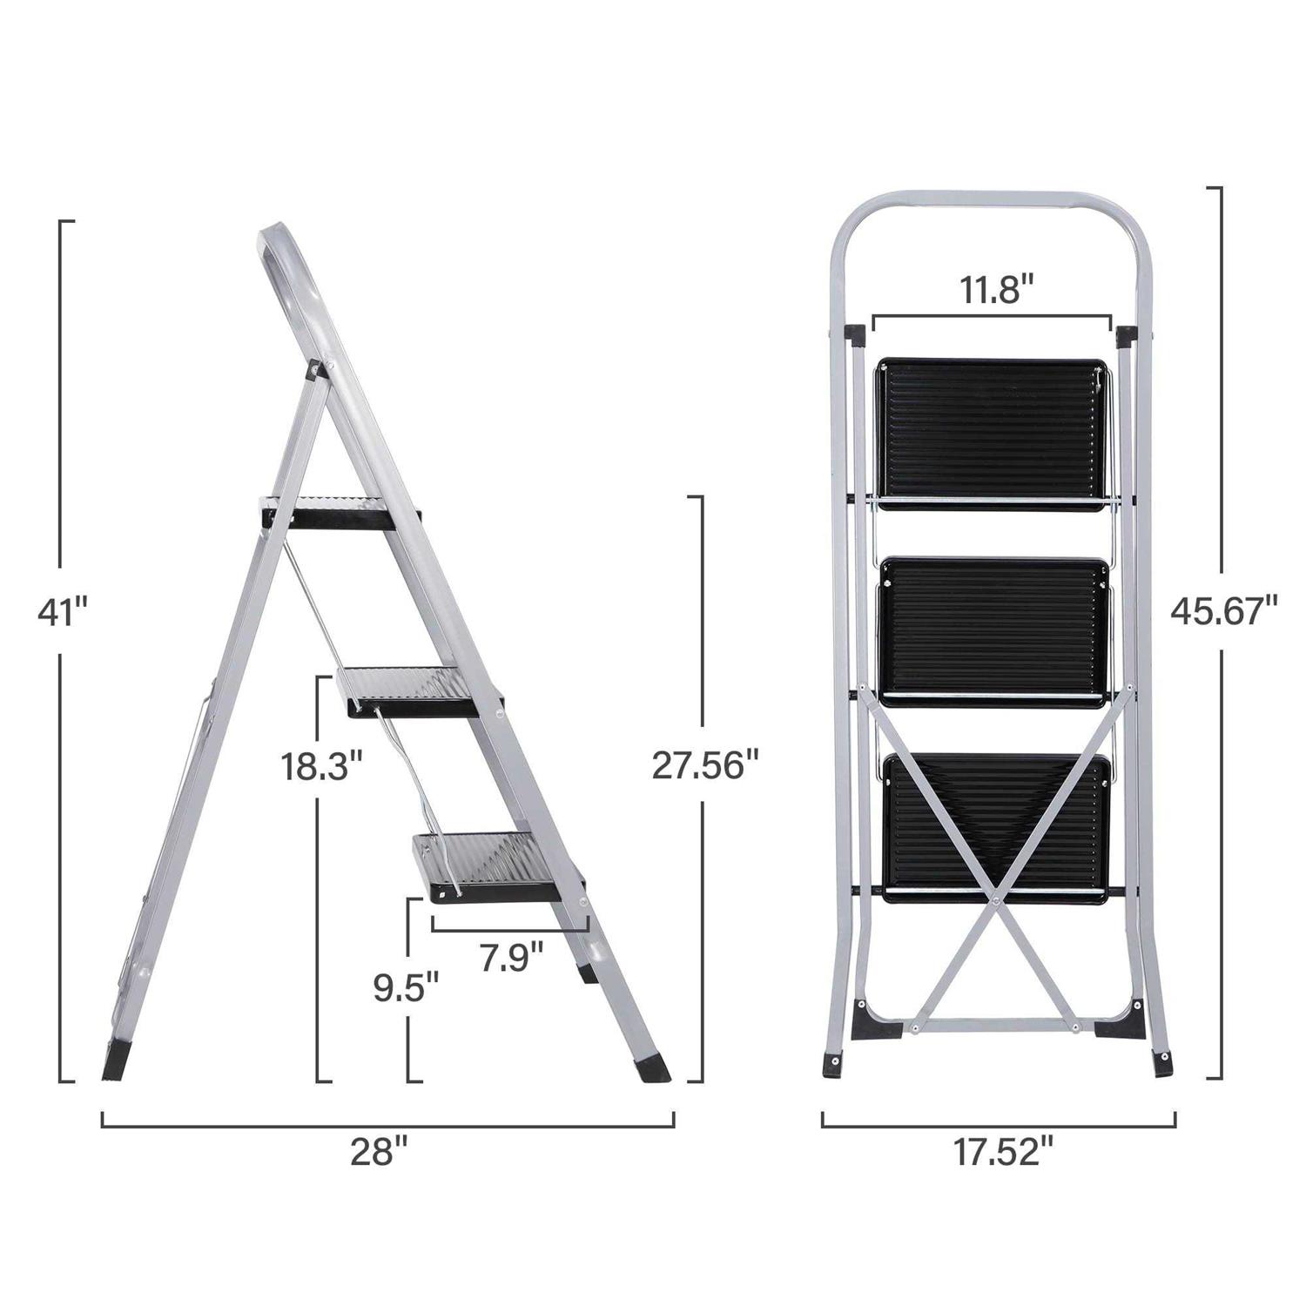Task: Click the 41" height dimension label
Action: click(63, 613)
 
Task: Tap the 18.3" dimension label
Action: click(320, 767)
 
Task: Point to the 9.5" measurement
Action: click(406, 988)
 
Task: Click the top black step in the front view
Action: click(993, 431)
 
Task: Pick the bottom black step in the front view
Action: click(997, 827)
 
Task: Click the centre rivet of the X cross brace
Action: click(993, 894)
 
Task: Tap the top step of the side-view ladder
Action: click(340, 513)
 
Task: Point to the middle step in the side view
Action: click(418, 692)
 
